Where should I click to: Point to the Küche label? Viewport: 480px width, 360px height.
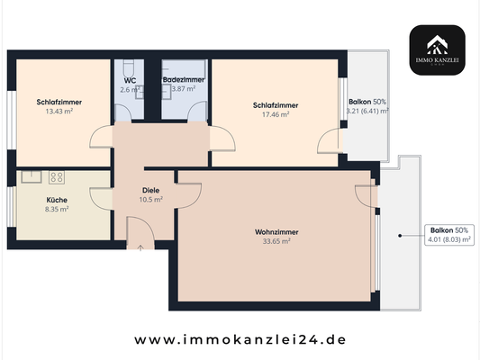point(57,201)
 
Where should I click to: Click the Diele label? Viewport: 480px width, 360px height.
point(151,190)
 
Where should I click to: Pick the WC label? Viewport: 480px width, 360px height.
point(131,80)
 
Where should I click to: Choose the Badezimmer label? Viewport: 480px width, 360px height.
point(184,80)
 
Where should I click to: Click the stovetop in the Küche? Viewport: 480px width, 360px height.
point(57,176)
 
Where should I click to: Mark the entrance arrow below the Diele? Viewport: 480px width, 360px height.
point(140,245)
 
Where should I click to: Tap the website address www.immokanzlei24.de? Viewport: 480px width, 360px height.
point(240,340)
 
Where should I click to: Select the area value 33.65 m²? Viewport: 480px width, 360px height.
point(276,242)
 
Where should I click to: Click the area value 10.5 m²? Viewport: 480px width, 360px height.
point(151,199)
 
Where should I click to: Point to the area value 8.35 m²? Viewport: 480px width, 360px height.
point(57,209)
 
